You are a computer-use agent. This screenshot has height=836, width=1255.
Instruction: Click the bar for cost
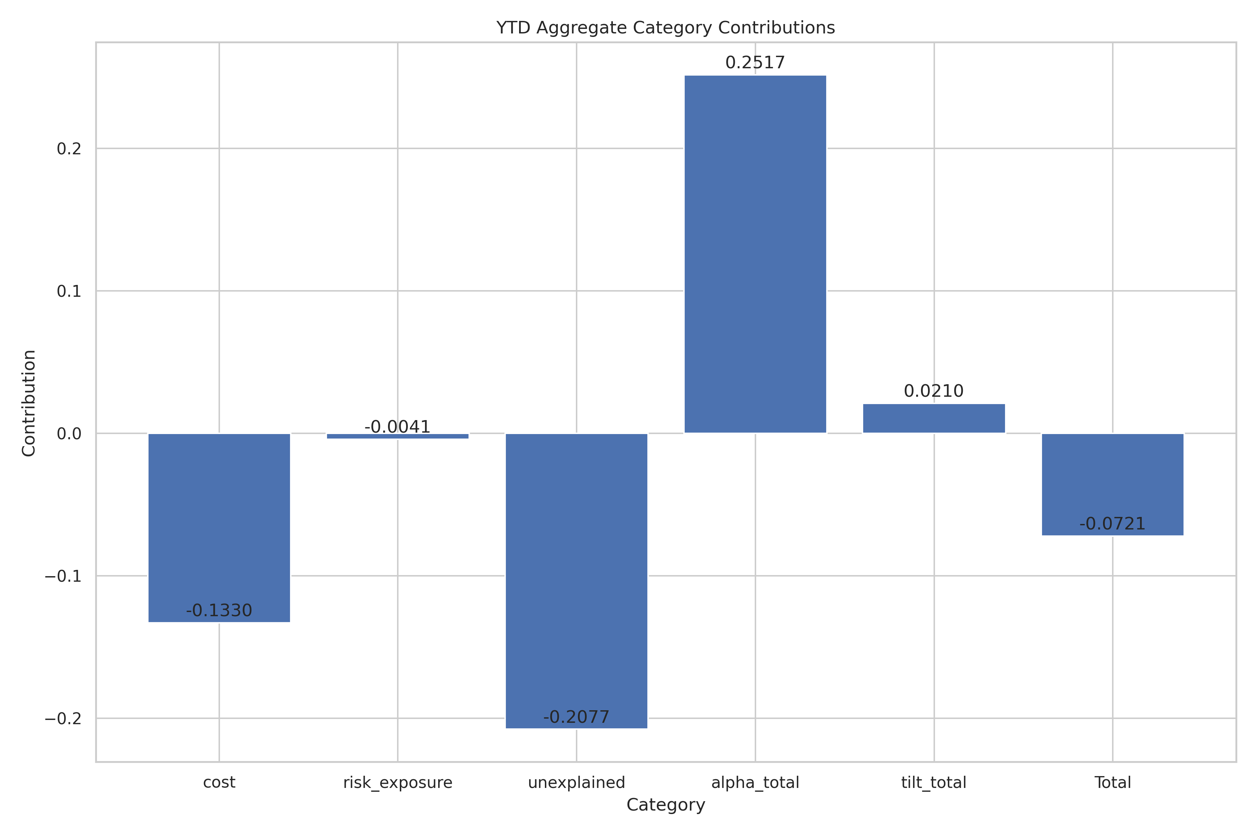point(219,528)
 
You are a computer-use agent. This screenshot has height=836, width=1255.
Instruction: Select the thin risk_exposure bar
point(397,436)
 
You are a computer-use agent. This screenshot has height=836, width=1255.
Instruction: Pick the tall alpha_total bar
point(755,254)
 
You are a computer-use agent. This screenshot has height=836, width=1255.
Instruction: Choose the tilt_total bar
point(934,419)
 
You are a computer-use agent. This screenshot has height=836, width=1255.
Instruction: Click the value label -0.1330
point(219,611)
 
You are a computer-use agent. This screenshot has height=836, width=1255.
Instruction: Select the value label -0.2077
point(576,717)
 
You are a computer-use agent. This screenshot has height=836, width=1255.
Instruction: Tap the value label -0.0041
point(397,427)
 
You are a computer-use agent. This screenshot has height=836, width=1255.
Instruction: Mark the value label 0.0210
point(934,391)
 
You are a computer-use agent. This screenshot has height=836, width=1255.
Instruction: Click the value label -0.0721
point(1112,524)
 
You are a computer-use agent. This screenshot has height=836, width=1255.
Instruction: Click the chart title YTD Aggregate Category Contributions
point(665,28)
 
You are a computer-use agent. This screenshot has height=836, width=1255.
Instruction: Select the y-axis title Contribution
point(29,403)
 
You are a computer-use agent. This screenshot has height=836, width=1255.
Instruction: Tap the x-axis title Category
point(665,805)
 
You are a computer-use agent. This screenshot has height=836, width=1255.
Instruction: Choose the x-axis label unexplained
point(576,783)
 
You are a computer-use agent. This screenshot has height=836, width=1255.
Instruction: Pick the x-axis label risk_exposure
point(397,783)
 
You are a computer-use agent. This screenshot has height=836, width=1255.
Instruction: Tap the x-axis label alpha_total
point(755,783)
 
